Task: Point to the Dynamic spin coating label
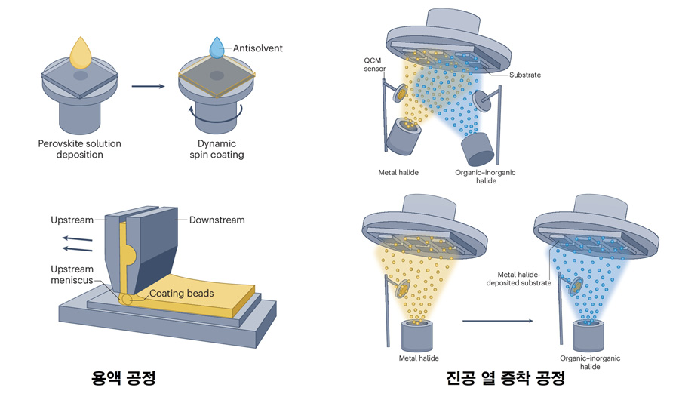[217, 149]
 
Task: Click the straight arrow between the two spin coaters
[148, 86]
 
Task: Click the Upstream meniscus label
[72, 275]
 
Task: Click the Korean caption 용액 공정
[121, 377]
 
